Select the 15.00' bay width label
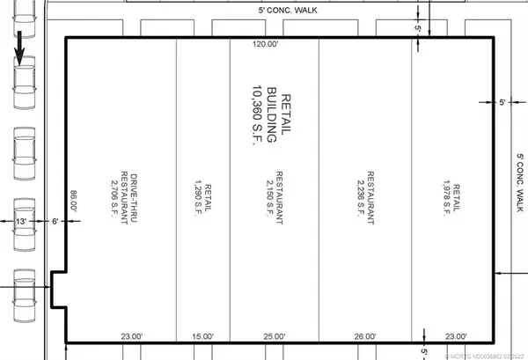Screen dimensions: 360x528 click(202, 335)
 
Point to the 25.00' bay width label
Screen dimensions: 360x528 click(275, 335)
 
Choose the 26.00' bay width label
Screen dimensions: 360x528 click(365, 335)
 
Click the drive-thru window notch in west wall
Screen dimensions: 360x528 click(58, 290)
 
